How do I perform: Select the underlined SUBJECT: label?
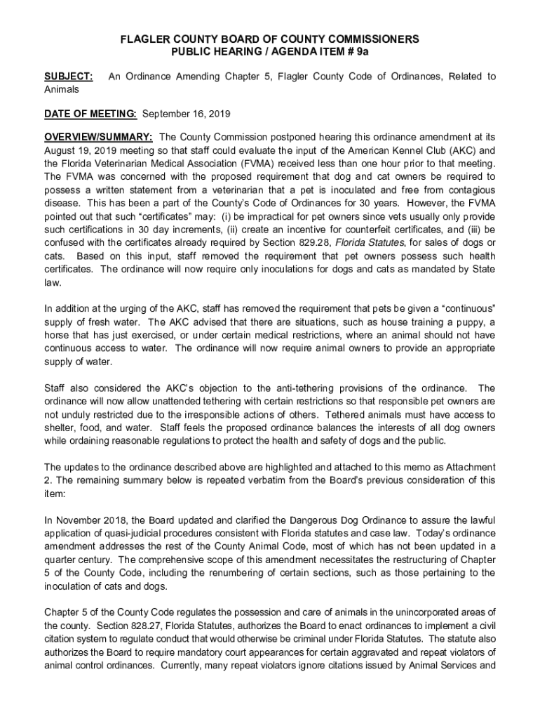coord(68,77)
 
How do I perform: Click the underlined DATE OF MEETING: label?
coord(90,114)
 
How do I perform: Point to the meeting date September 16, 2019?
coord(186,114)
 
